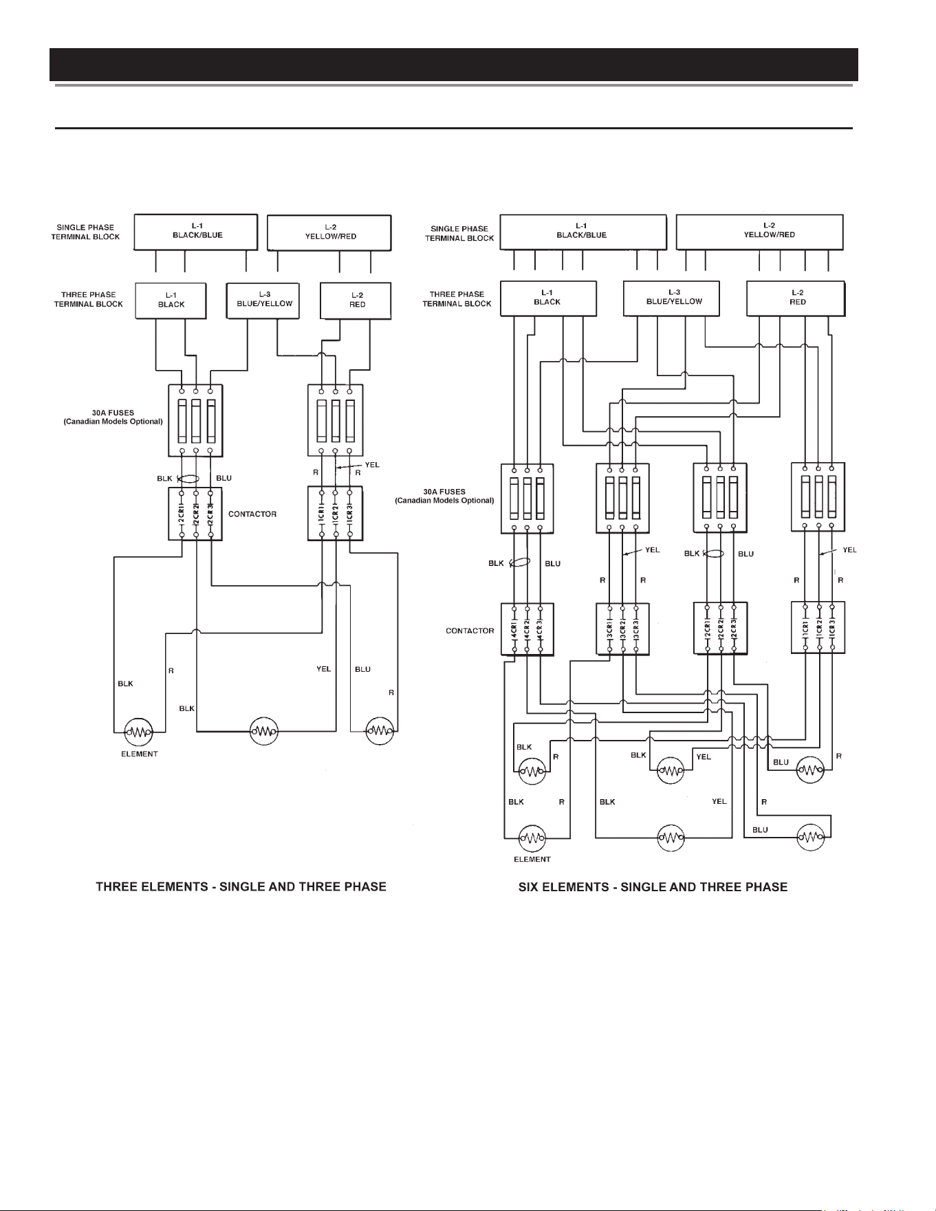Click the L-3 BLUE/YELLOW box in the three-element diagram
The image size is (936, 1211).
(x=263, y=301)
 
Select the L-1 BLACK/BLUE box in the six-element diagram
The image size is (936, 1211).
(x=583, y=232)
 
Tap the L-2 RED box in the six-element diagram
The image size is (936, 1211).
(x=796, y=298)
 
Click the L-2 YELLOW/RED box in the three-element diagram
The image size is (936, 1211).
(x=329, y=232)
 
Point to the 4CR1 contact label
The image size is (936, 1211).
(x=514, y=629)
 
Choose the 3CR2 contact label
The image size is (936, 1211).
(x=622, y=629)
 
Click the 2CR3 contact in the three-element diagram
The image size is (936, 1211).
(x=210, y=514)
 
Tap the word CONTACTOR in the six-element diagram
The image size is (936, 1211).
(x=470, y=631)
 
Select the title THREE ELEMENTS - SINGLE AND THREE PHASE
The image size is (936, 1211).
(x=241, y=886)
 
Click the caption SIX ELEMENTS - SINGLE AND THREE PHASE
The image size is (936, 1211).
(x=653, y=886)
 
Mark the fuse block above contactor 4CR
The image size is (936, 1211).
(x=527, y=498)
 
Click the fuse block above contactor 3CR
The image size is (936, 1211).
(x=622, y=498)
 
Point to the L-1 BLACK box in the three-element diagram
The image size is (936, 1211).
(x=171, y=301)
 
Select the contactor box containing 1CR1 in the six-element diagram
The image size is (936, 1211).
(x=818, y=627)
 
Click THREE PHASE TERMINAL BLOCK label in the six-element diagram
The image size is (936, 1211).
(x=457, y=298)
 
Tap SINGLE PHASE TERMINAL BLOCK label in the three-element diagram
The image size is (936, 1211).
(x=85, y=232)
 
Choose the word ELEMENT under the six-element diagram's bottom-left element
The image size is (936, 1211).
(x=532, y=859)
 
